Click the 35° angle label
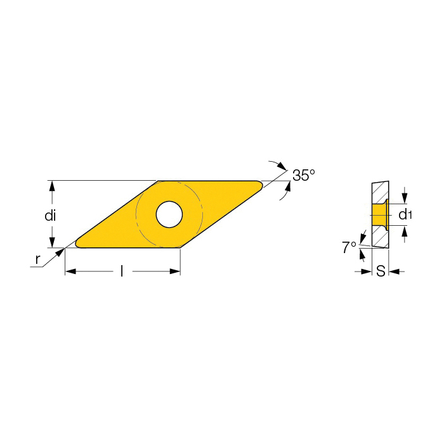(x=303, y=175)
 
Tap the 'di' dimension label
(x=50, y=216)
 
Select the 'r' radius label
(x=37, y=259)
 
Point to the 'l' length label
(x=122, y=271)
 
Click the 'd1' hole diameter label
(x=405, y=214)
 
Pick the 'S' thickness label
(x=381, y=271)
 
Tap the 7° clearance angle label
(x=349, y=247)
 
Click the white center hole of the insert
(x=169, y=214)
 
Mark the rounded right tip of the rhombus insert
(x=261, y=185)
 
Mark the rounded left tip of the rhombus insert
(x=77, y=244)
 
